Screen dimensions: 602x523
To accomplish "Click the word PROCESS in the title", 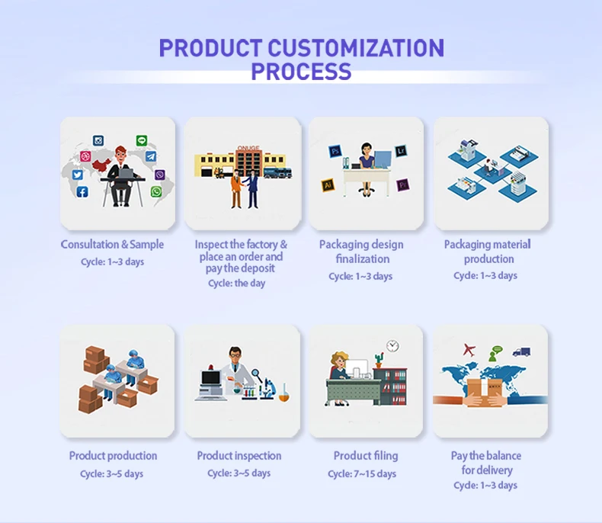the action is [x=301, y=71].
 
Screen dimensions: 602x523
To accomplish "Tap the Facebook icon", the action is [x=82, y=191].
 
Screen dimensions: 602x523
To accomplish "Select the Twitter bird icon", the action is [x=78, y=175].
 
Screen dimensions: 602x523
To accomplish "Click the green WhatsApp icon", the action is [x=156, y=191].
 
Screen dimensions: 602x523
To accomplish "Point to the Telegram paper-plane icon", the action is [x=151, y=156].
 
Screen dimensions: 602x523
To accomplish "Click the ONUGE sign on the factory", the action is [x=248, y=148].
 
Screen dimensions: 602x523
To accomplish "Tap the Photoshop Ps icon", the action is [x=335, y=151].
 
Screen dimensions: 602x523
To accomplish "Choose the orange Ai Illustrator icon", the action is [x=328, y=185].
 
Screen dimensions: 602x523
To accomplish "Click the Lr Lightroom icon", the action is [x=401, y=150].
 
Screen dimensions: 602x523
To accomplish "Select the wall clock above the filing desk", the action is [x=392, y=345].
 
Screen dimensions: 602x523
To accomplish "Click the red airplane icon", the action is [x=469, y=350].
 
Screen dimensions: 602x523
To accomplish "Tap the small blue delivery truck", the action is [x=521, y=351].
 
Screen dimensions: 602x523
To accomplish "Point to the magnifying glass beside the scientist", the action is [x=257, y=374].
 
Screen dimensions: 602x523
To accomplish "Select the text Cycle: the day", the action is [x=236, y=284].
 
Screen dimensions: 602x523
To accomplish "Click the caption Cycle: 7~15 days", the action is [x=362, y=474].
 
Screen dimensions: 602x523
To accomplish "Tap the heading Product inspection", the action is [x=239, y=456].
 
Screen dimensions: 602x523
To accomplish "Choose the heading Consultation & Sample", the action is [x=112, y=244].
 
